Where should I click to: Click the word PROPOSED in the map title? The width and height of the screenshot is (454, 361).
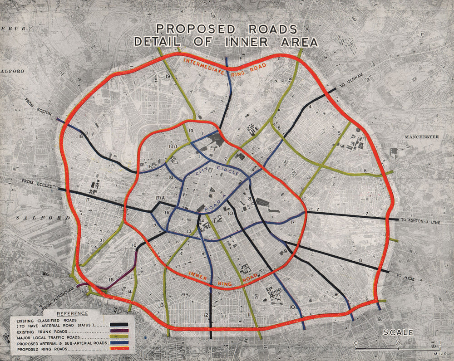click(194, 29)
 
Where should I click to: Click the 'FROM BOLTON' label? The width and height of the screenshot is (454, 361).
click(39, 107)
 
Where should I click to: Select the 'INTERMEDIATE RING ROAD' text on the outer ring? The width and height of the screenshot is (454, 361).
click(225, 67)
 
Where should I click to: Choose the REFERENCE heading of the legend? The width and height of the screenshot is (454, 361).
click(72, 314)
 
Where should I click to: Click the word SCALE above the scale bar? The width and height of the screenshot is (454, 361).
click(398, 332)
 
